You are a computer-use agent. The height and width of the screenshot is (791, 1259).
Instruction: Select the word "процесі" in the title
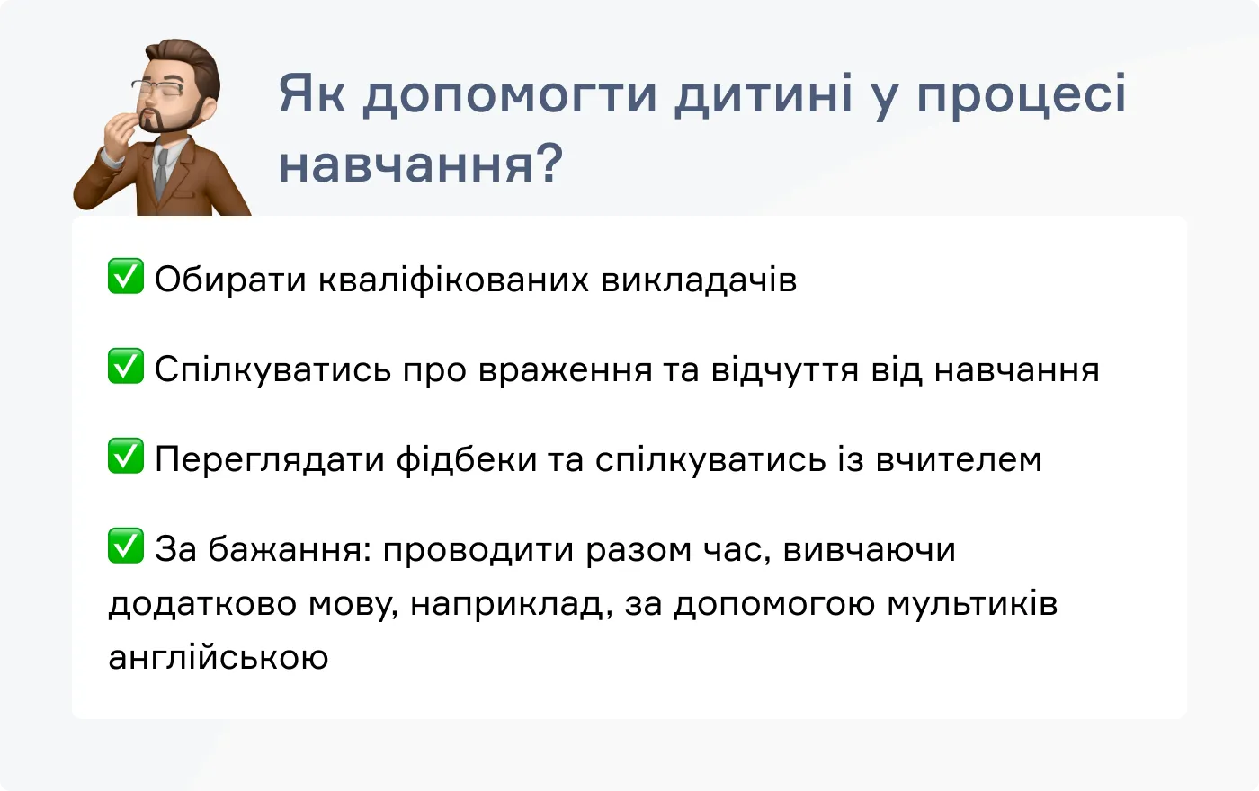tap(1021, 95)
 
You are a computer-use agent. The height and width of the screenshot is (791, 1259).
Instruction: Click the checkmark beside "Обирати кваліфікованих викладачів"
tap(126, 276)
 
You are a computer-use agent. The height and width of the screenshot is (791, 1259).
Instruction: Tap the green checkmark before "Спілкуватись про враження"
tap(126, 366)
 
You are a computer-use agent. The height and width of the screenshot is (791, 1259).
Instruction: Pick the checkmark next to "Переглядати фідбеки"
tap(126, 456)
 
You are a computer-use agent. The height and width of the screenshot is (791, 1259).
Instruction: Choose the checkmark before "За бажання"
tap(126, 546)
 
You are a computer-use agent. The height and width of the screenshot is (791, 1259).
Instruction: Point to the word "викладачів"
tap(699, 280)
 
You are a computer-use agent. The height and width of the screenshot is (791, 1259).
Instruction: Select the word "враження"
tap(565, 370)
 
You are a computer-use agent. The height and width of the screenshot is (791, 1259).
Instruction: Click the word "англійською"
tap(219, 658)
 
